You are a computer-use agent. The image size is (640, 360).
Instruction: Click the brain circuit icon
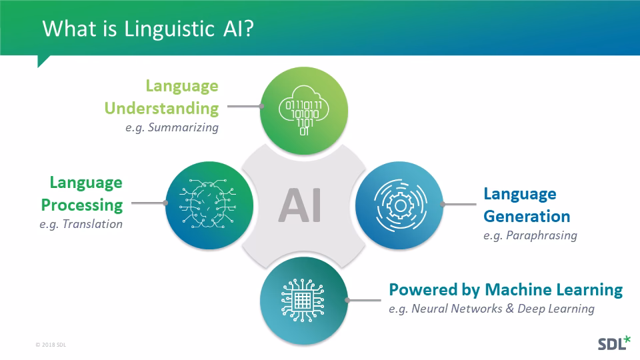207,204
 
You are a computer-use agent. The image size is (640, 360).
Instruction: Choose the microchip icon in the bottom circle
303,302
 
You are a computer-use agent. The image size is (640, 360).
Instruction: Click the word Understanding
161,107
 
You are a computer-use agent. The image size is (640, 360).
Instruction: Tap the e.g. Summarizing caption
171,127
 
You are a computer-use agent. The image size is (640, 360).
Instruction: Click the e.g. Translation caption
81,224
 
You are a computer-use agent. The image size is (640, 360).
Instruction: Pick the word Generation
527,216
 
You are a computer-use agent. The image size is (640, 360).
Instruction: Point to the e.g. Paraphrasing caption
530,235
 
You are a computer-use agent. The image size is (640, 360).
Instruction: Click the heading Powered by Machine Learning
505,289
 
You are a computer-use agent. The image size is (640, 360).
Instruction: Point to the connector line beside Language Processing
148,203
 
